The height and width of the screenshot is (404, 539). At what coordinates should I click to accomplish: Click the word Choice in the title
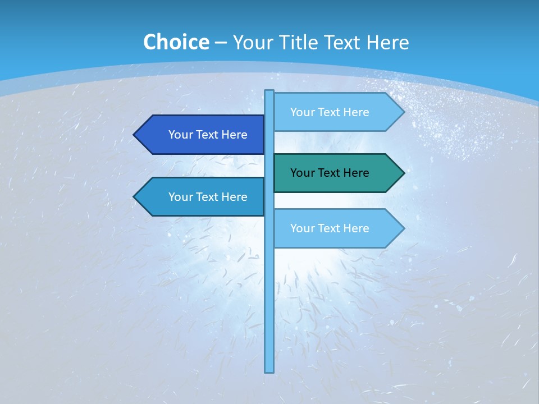click(176, 43)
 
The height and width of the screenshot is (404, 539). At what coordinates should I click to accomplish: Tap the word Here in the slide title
click(387, 43)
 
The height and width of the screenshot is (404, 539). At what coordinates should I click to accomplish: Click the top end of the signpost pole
click(269, 91)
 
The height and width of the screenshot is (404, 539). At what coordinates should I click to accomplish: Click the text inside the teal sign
click(330, 173)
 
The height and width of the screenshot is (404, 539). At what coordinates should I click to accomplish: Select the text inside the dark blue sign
click(208, 135)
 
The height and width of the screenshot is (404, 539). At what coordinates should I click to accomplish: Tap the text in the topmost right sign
click(330, 112)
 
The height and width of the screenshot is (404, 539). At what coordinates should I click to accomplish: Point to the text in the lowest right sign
click(330, 228)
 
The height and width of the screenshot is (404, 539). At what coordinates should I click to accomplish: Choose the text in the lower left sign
click(208, 197)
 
